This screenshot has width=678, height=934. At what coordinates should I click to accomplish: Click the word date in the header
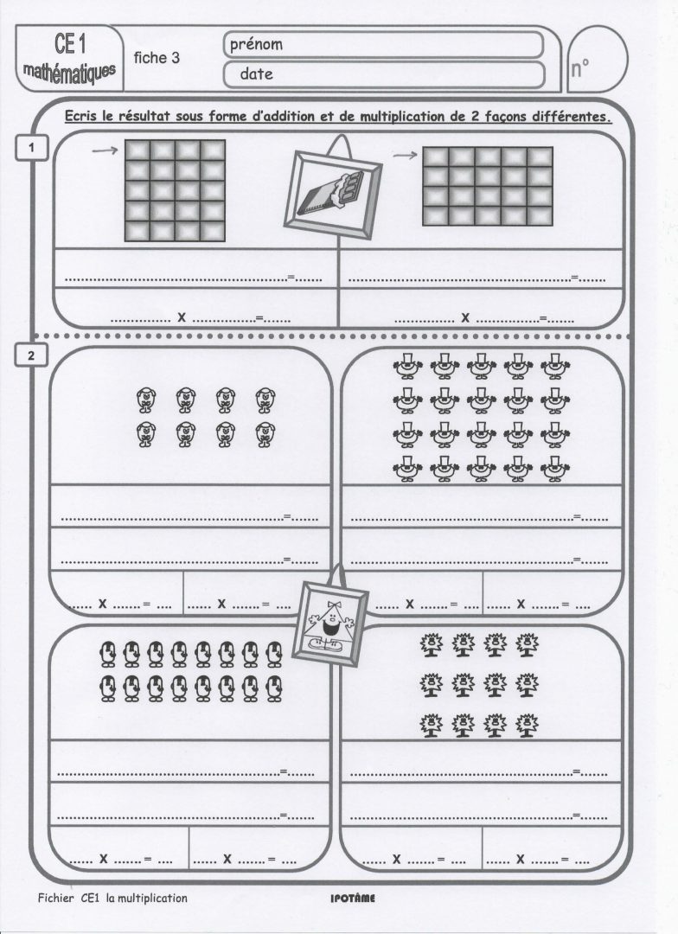tap(256, 74)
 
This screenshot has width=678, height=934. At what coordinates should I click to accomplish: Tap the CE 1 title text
tap(68, 42)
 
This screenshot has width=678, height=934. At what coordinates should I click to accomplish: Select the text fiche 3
tap(157, 58)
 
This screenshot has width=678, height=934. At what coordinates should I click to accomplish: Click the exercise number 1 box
tap(31, 148)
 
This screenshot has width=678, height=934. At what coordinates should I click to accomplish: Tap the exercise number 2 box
tap(31, 355)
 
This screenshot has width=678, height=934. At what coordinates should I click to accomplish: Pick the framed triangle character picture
tap(331, 617)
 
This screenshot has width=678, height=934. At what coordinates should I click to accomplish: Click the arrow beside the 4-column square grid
tap(105, 151)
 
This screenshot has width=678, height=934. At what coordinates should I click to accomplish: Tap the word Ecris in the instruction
tap(82, 118)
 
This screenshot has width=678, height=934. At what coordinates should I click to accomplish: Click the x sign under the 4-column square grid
tap(182, 317)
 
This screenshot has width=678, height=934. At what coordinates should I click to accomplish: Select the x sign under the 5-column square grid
tap(465, 317)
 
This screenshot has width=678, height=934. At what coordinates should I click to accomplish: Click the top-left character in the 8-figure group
tap(146, 399)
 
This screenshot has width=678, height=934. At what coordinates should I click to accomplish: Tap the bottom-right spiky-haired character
tap(526, 722)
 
